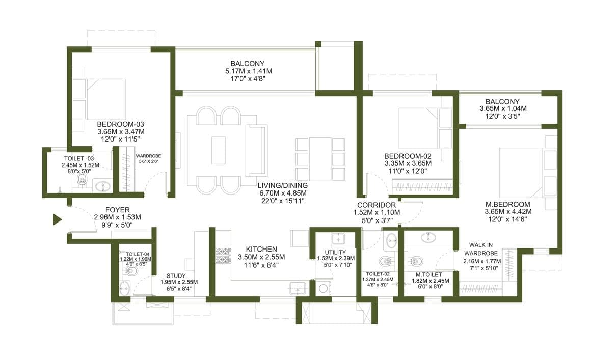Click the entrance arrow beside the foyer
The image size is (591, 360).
pos(57,219)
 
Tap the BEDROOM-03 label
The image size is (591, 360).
pos(120,124)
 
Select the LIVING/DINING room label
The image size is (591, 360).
pos(283,186)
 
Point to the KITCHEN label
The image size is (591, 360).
pos(261,250)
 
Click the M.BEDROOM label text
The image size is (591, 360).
pos(508,205)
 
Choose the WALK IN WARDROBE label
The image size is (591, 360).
pos(481,250)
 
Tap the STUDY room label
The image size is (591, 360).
pos(176,275)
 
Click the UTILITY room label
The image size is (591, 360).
pos(335,252)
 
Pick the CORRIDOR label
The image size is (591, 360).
pos(377,205)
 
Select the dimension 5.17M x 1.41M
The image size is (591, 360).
pos(249,71)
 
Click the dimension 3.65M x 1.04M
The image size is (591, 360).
pos(503,109)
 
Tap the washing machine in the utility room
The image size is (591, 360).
pos(323,288)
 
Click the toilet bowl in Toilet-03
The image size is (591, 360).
pos(81,180)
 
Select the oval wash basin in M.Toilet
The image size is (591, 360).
pos(428,237)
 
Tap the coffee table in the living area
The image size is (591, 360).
pos(218,150)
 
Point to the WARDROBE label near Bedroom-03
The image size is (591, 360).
pos(148,156)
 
